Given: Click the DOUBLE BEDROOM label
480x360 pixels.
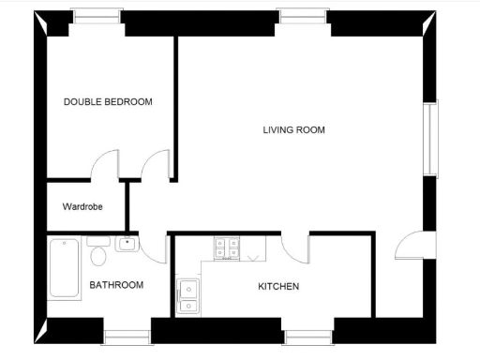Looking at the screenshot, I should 108,101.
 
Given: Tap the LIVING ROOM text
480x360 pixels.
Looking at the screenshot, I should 293,129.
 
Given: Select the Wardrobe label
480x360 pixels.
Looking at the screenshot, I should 82,206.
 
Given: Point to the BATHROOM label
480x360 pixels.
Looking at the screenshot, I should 116,285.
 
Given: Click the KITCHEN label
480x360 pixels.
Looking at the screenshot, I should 278,286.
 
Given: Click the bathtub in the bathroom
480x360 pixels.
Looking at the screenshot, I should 64,268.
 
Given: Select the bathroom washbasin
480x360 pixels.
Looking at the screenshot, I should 127,245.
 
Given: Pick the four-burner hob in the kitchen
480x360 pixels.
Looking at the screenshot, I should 226,247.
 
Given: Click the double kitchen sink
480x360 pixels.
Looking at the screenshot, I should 187,295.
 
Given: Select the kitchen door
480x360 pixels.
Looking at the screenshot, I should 297,247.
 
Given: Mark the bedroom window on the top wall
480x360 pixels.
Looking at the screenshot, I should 97,15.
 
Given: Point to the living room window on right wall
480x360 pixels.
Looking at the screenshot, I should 431,139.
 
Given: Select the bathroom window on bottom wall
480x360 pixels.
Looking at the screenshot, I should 127,336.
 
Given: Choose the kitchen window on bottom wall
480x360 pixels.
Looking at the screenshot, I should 307,336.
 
